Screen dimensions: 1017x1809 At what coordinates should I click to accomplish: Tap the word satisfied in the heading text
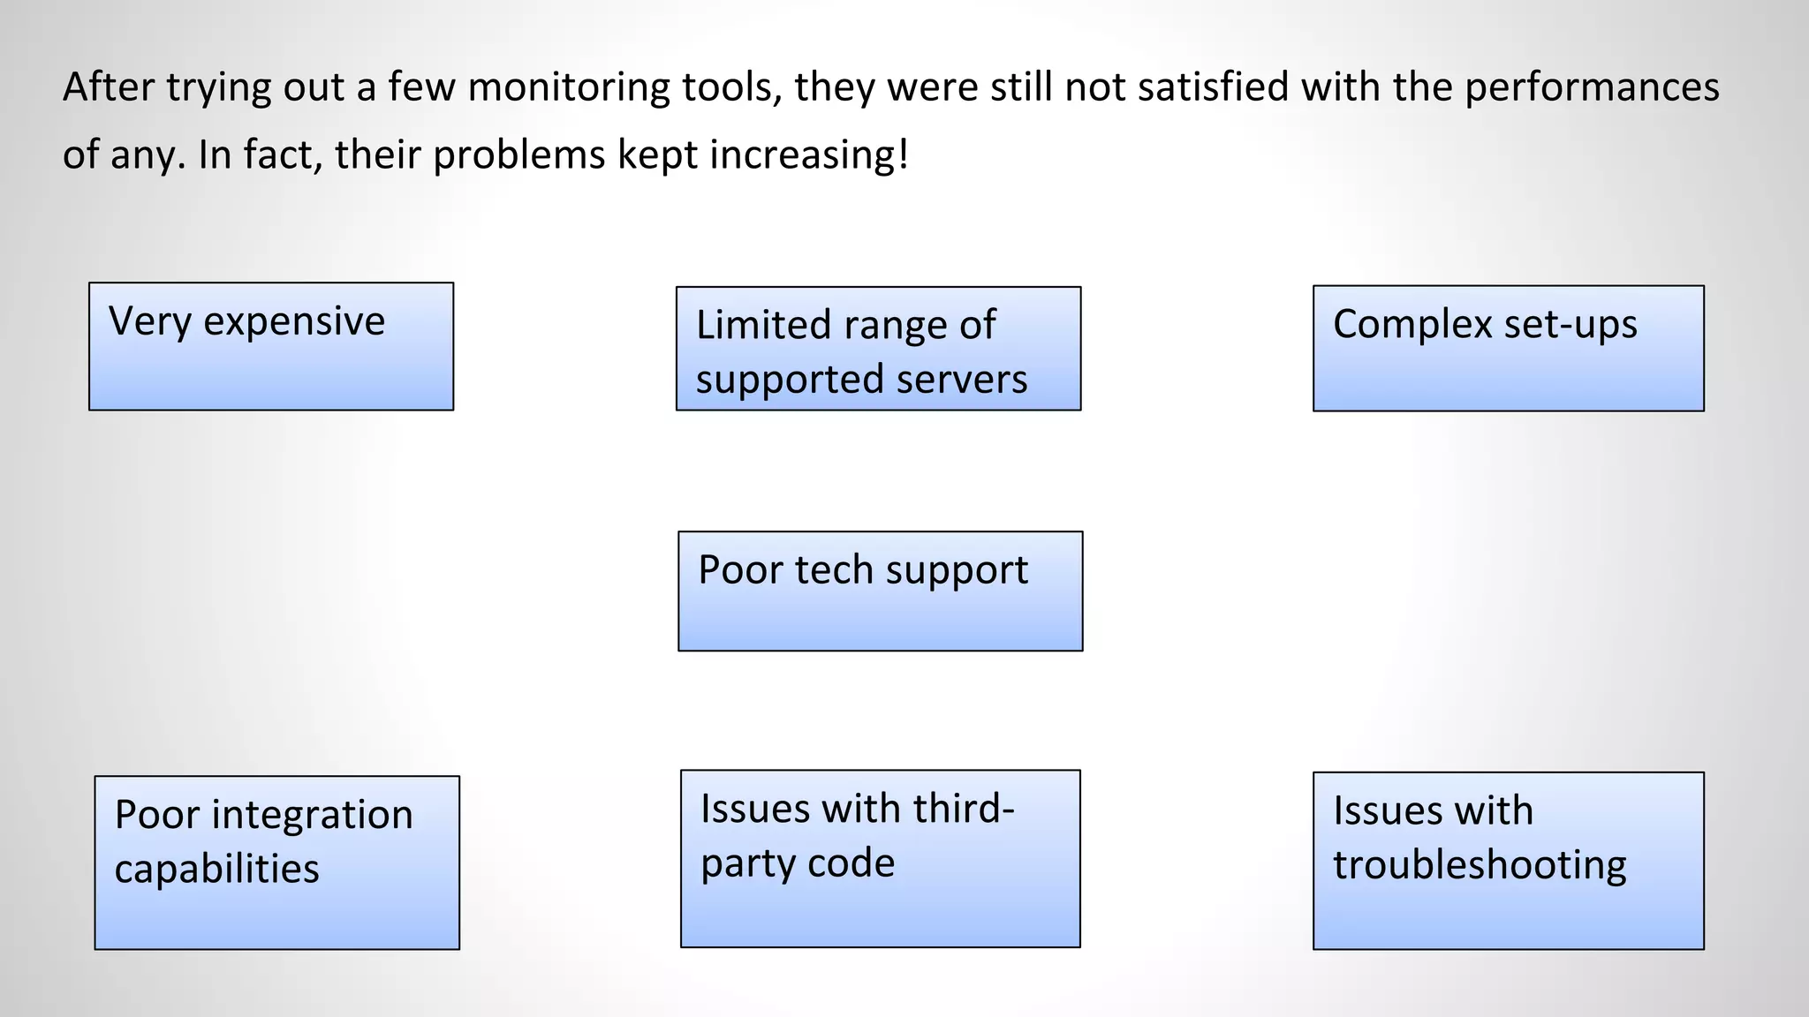click(1213, 87)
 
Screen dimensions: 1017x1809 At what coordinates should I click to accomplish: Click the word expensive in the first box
click(294, 322)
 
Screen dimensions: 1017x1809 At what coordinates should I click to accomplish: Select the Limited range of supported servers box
click(878, 349)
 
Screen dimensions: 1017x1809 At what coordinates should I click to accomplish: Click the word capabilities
click(216, 869)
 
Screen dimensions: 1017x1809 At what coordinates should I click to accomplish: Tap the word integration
click(312, 815)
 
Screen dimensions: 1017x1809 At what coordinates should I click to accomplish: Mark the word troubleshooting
click(1480, 865)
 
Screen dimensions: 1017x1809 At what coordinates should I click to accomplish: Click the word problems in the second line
click(518, 155)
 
